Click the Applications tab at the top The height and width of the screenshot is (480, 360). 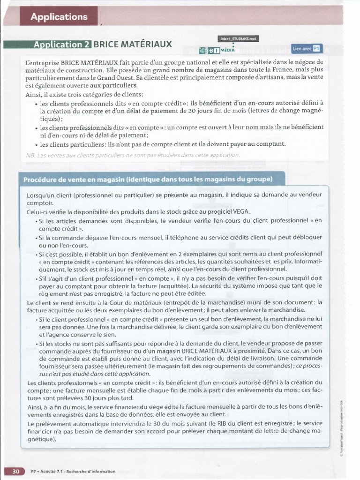tap(59, 17)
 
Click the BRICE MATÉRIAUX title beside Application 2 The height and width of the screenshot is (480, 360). tap(133, 45)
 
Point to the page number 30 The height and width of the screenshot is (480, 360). tap(15, 471)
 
